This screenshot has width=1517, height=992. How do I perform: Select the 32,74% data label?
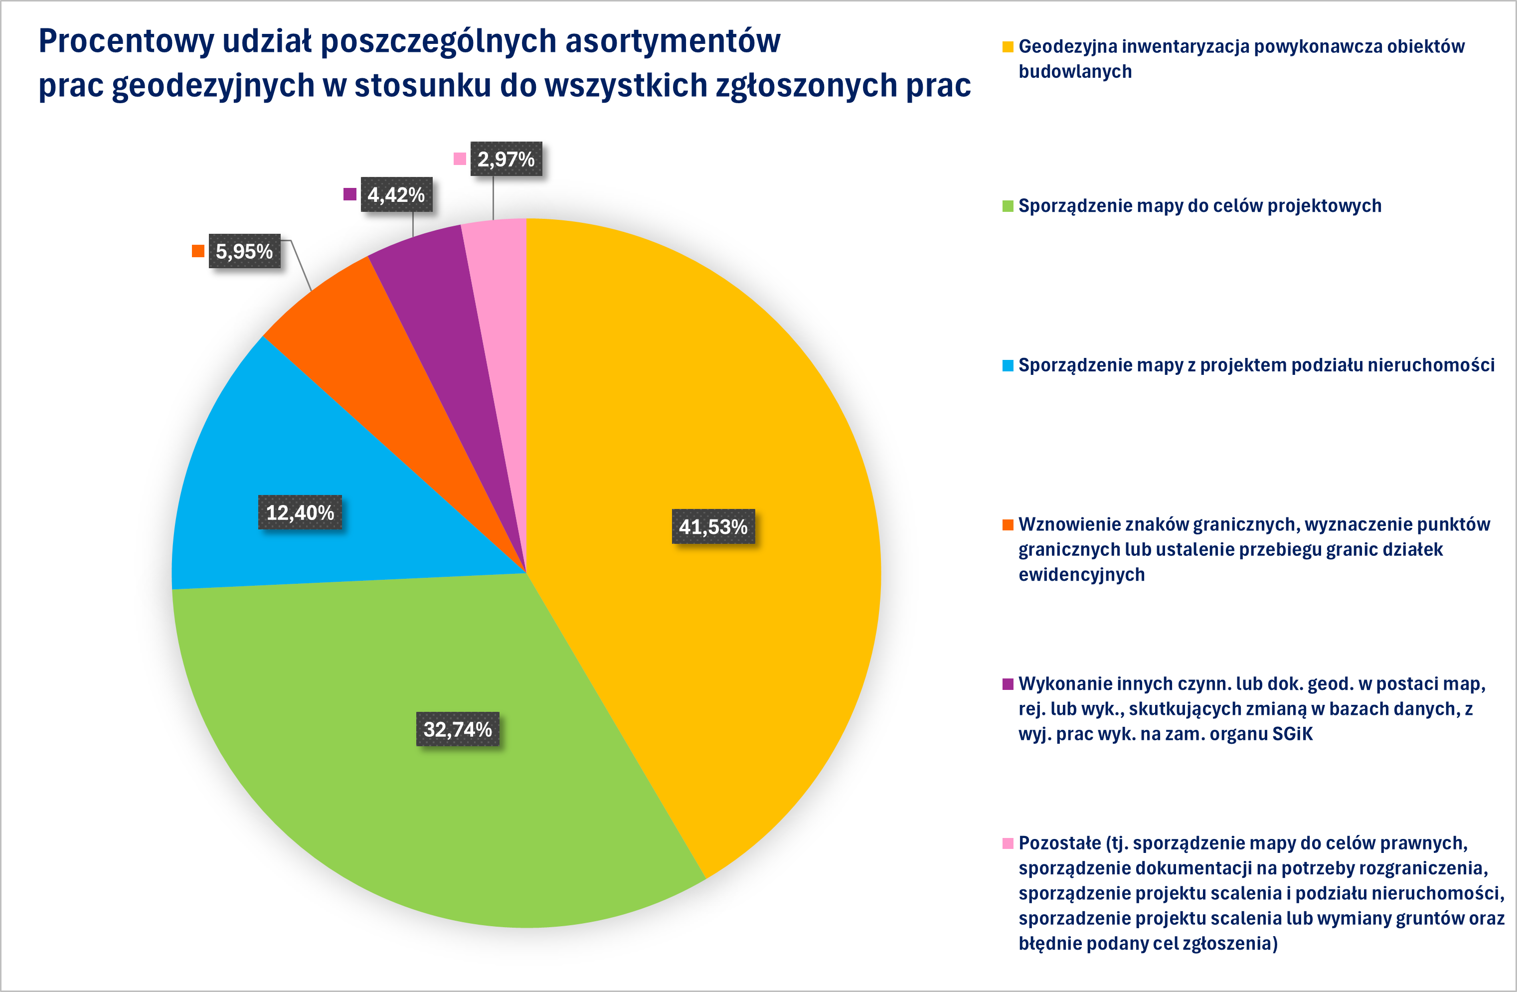458,729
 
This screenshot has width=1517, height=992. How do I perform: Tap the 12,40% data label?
300,512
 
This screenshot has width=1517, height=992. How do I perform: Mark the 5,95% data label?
244,251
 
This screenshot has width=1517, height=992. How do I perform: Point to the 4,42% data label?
396,194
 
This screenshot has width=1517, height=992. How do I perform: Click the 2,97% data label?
506,159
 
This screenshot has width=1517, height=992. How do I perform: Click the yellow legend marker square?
1008,46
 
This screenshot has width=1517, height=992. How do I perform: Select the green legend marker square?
1008,206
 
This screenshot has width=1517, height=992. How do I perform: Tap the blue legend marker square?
1008,365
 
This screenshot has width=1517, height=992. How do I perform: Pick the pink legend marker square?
1008,843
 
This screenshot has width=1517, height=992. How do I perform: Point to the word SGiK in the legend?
1292,734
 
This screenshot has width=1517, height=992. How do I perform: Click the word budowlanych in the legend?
1075,71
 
